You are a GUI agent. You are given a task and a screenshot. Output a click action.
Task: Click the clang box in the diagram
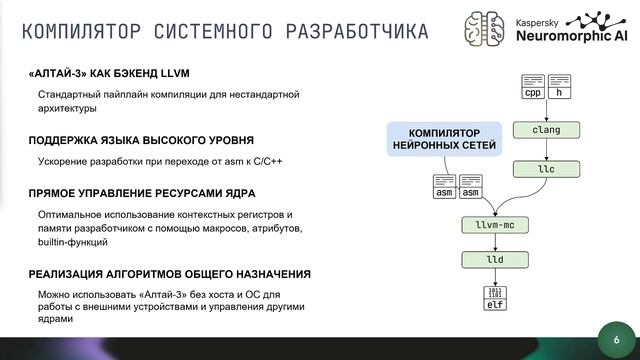546,130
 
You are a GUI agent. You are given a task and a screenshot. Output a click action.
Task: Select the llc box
546,169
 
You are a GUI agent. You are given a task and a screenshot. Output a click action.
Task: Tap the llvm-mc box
489,227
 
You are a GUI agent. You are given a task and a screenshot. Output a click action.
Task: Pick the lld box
489,260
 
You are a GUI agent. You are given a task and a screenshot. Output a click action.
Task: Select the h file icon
559,87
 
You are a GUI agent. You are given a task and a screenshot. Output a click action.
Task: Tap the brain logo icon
486,26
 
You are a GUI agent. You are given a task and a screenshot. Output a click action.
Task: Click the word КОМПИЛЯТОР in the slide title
83,31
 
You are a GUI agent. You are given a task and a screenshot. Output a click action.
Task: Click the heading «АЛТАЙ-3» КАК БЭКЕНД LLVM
109,74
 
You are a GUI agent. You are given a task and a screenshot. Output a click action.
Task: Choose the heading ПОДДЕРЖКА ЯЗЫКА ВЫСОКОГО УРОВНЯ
141,140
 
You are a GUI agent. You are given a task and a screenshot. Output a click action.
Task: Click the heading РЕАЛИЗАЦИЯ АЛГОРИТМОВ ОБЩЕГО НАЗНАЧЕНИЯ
169,274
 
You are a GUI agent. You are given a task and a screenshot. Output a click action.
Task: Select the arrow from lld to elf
489,277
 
